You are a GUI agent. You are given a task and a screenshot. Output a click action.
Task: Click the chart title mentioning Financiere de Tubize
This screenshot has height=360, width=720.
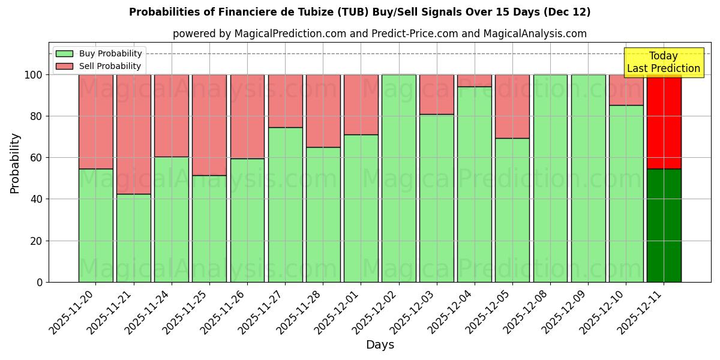[359, 12]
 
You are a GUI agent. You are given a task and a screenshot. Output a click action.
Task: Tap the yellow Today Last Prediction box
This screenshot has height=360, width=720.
[663, 62]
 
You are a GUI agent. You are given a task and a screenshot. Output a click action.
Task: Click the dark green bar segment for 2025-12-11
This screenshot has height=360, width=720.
[664, 225]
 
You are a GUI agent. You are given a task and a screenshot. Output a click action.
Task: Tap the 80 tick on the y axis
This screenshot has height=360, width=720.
[39, 116]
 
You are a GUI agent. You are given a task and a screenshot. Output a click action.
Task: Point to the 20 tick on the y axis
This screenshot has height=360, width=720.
[39, 241]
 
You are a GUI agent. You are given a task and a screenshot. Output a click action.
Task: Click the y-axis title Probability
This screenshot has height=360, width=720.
[15, 163]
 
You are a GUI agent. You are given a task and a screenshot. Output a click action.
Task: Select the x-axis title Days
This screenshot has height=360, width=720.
[380, 345]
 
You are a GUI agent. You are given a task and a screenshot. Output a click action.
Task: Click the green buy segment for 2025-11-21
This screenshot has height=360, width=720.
[133, 238]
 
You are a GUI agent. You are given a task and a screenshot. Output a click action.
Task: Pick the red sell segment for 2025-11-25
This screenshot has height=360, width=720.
[209, 125]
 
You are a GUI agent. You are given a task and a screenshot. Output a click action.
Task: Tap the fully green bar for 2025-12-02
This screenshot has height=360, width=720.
[398, 178]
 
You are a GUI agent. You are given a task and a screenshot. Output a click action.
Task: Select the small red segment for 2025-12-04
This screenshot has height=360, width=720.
[475, 80]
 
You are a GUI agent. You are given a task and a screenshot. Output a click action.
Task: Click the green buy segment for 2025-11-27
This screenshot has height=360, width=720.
[285, 205]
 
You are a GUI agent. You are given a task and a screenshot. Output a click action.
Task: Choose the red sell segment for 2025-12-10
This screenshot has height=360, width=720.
[626, 90]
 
